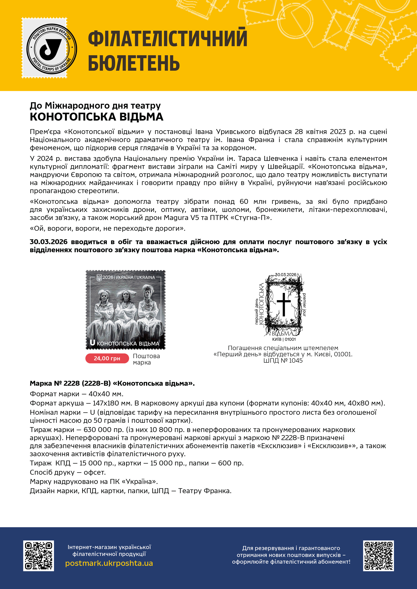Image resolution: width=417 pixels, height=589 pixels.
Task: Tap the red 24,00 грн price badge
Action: coord(107,358)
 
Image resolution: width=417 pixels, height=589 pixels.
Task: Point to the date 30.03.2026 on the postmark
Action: coord(286,275)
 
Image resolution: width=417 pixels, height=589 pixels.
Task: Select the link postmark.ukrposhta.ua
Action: coord(109,563)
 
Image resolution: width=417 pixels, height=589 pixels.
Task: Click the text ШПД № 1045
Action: coord(283,360)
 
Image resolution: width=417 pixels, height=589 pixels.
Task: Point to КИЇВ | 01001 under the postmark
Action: coord(284,339)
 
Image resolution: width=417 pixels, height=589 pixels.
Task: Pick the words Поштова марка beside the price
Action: coord(146,359)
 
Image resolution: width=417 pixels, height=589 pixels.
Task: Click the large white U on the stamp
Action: coord(92,343)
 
